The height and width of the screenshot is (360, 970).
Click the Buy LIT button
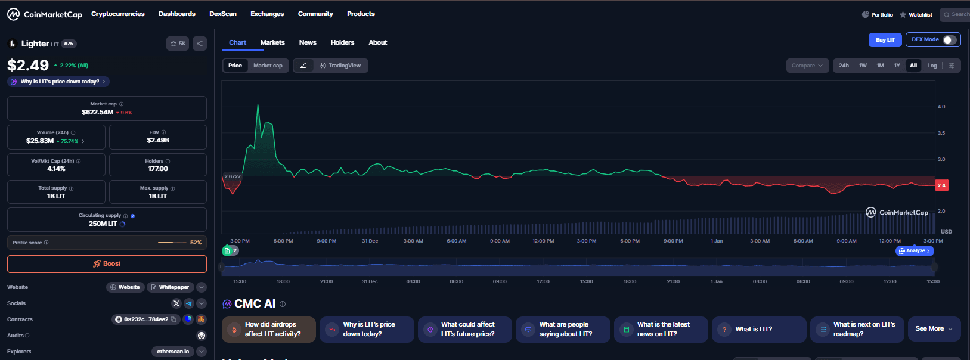pyautogui.click(x=885, y=40)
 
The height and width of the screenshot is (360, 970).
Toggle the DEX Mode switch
pyautogui.click(x=949, y=40)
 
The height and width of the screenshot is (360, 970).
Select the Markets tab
pyautogui.click(x=272, y=42)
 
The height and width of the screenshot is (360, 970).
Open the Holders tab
pyautogui.click(x=342, y=42)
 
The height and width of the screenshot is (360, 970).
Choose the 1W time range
pyautogui.click(x=863, y=66)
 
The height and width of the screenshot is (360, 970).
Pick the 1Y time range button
pyautogui.click(x=897, y=66)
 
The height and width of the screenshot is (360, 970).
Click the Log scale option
pyautogui.click(x=932, y=66)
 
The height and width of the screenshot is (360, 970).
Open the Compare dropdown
pyautogui.click(x=807, y=66)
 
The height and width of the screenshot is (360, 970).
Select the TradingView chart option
pyautogui.click(x=340, y=66)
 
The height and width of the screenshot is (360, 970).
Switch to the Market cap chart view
pyautogui.click(x=268, y=66)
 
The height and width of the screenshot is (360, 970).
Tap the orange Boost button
pyautogui.click(x=107, y=263)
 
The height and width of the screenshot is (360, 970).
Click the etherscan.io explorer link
pyautogui.click(x=173, y=352)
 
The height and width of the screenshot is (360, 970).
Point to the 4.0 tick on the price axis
pyautogui.click(x=941, y=107)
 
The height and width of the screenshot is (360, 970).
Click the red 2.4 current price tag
pyautogui.click(x=941, y=185)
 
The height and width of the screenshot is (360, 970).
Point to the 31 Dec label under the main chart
pyautogui.click(x=370, y=241)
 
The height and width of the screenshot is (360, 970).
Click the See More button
pyautogui.click(x=934, y=329)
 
